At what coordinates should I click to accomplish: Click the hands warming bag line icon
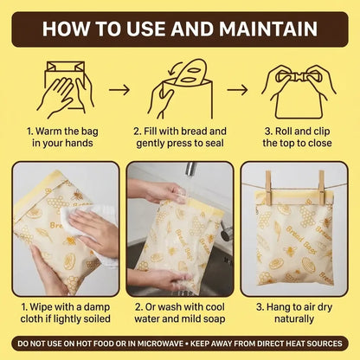coord(65,87)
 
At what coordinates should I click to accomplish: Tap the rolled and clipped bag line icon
coord(298,83)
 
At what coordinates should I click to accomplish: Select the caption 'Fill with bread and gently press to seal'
coord(180,138)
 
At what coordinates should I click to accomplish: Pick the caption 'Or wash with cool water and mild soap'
coord(180,313)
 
